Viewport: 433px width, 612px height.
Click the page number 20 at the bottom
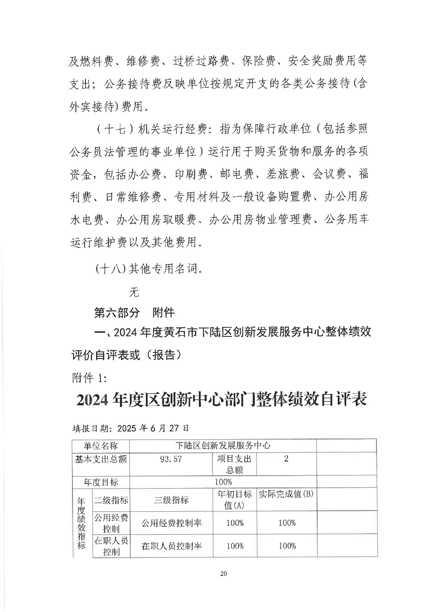point(223,574)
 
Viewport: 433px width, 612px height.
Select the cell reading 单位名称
point(100,445)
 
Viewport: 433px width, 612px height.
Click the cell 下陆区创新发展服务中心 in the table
point(223,445)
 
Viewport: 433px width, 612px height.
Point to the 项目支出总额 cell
point(234,464)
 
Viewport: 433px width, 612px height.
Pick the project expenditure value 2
point(286,459)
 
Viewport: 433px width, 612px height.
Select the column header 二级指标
point(111,500)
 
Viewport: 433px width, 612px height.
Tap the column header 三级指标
point(171,500)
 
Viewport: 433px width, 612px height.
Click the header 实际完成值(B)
point(286,494)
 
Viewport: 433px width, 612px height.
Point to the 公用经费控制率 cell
point(172,523)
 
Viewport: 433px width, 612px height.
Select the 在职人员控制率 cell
point(172,546)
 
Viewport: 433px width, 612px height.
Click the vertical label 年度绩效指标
point(81,523)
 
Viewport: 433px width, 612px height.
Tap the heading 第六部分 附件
point(134,313)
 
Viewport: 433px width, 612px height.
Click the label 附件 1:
point(89,378)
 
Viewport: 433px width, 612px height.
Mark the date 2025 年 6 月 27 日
point(153,428)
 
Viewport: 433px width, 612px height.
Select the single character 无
point(134,292)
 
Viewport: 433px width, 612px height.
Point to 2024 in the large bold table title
point(92,400)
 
